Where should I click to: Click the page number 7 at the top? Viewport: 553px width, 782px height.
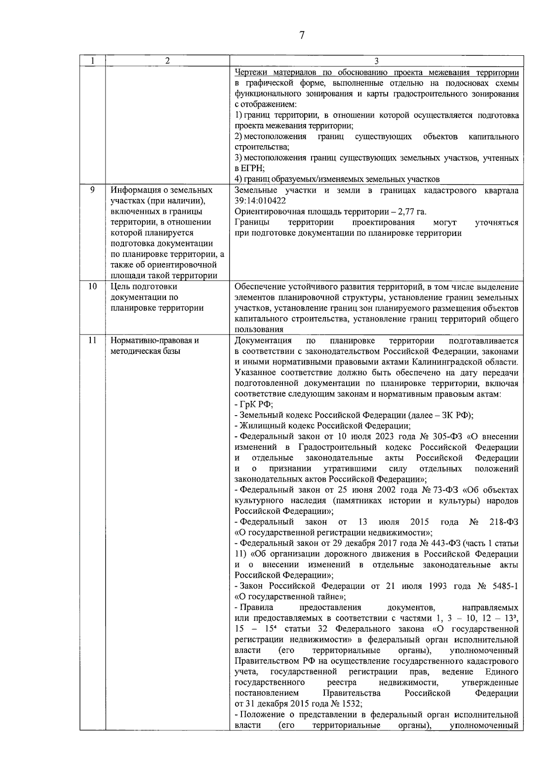[302, 35]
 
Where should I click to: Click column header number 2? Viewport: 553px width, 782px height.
[167, 61]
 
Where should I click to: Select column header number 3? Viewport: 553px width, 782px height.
[377, 61]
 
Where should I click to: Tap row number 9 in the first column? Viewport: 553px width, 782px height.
[92, 190]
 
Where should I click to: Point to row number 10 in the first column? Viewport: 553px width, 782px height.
[92, 287]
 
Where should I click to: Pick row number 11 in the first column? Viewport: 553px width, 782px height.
[92, 341]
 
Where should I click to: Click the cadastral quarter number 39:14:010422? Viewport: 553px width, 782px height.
[260, 201]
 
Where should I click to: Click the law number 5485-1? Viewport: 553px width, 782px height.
[504, 586]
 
